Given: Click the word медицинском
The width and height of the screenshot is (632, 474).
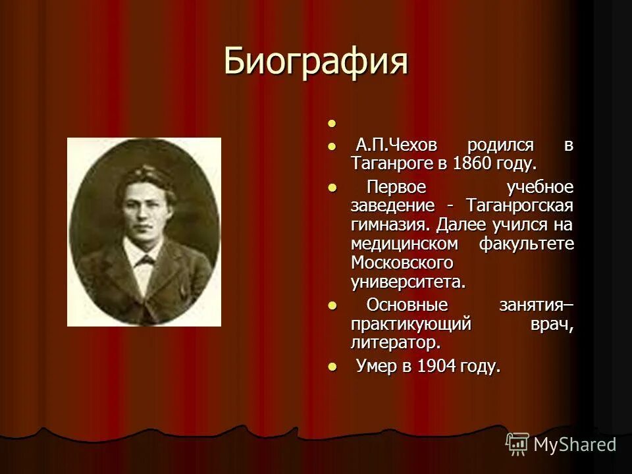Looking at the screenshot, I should point(404,244).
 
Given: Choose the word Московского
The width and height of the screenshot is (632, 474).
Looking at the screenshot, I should point(402,263).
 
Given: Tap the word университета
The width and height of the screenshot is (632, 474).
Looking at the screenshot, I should point(408,282).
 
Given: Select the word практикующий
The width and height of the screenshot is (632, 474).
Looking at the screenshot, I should point(411,324).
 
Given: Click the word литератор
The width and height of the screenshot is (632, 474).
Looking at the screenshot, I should point(395,343).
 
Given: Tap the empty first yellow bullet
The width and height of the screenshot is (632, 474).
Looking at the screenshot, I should point(332,124).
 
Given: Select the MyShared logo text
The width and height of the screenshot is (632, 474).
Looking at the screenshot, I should point(575,444).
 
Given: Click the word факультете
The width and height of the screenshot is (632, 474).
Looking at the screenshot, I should point(526,244).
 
